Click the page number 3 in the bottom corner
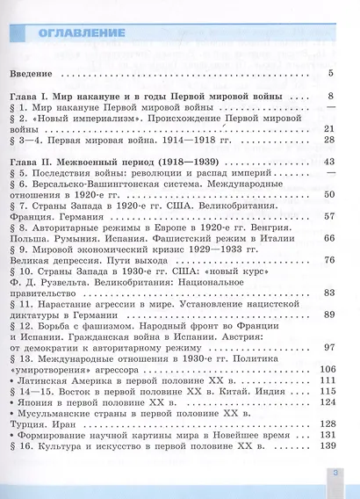tap(335, 476)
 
